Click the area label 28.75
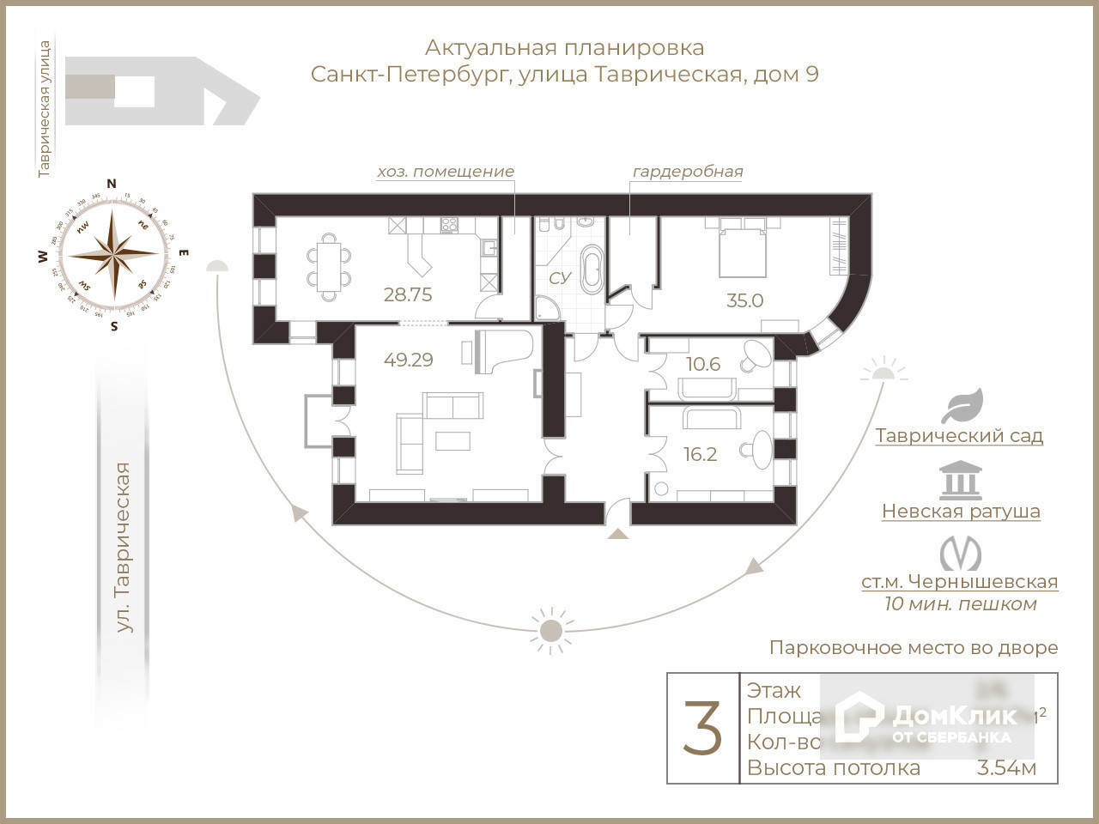[x=408, y=294]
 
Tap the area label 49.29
[x=408, y=360]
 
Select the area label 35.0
[x=744, y=300]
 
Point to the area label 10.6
[x=703, y=364]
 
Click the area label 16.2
[x=700, y=455]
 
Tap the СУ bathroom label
[x=560, y=277]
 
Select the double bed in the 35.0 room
[x=742, y=246]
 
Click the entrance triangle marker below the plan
[x=617, y=534]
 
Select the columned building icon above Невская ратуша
[x=960, y=480]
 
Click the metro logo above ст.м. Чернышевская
[x=960, y=554]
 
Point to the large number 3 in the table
[x=702, y=728]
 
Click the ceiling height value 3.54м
[x=1006, y=767]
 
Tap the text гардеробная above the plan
[x=687, y=171]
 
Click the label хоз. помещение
[x=446, y=171]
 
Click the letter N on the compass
[x=111, y=183]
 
